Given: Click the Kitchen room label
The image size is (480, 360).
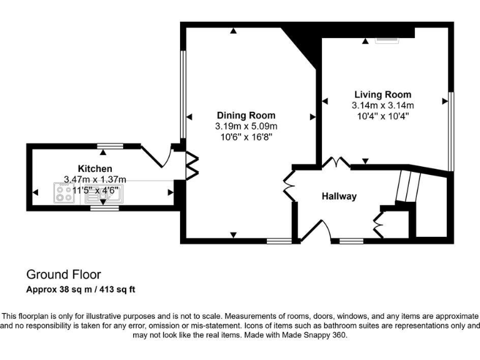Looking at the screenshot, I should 95,169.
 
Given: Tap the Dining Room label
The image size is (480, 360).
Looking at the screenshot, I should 246,115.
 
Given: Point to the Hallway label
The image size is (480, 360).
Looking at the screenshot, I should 339,196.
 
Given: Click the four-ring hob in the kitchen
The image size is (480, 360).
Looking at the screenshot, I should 64,192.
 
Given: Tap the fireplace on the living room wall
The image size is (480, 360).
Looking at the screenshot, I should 385,41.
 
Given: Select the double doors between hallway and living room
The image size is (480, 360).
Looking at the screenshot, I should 338,162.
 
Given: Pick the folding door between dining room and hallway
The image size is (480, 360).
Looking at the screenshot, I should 288,186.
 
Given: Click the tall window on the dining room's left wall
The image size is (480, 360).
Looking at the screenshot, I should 182,94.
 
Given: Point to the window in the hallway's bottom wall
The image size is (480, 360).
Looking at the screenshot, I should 351,241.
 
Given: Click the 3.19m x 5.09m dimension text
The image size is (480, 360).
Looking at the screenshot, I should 246,126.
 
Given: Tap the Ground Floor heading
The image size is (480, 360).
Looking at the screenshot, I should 63,274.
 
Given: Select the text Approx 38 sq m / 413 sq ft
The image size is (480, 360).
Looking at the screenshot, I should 81,290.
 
